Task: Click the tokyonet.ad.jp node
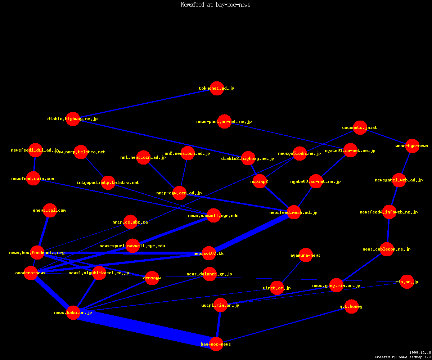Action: coord(217,88)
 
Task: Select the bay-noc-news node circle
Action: coord(216,344)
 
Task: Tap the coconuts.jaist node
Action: coord(360,127)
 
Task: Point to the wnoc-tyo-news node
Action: coord(412,146)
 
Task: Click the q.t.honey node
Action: coord(351,306)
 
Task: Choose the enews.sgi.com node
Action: coord(50,210)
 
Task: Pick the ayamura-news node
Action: coord(306,255)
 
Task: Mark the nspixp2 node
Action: coord(260,181)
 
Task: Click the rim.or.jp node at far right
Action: coord(407,282)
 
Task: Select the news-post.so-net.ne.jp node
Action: coord(224,122)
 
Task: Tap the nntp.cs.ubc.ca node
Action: coord(130,222)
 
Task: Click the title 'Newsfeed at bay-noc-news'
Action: coord(216,5)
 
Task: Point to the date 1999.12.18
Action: coord(420,353)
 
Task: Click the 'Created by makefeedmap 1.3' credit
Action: coord(403,357)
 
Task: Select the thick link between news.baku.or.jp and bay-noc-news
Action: coord(144,329)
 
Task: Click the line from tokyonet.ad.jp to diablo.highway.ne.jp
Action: coord(144,104)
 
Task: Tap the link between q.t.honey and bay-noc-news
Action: coord(284,325)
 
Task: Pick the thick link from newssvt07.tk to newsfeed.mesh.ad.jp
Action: coord(252,232)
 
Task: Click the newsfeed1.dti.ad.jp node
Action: coord(36,150)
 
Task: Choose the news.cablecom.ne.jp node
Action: coord(387,249)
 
